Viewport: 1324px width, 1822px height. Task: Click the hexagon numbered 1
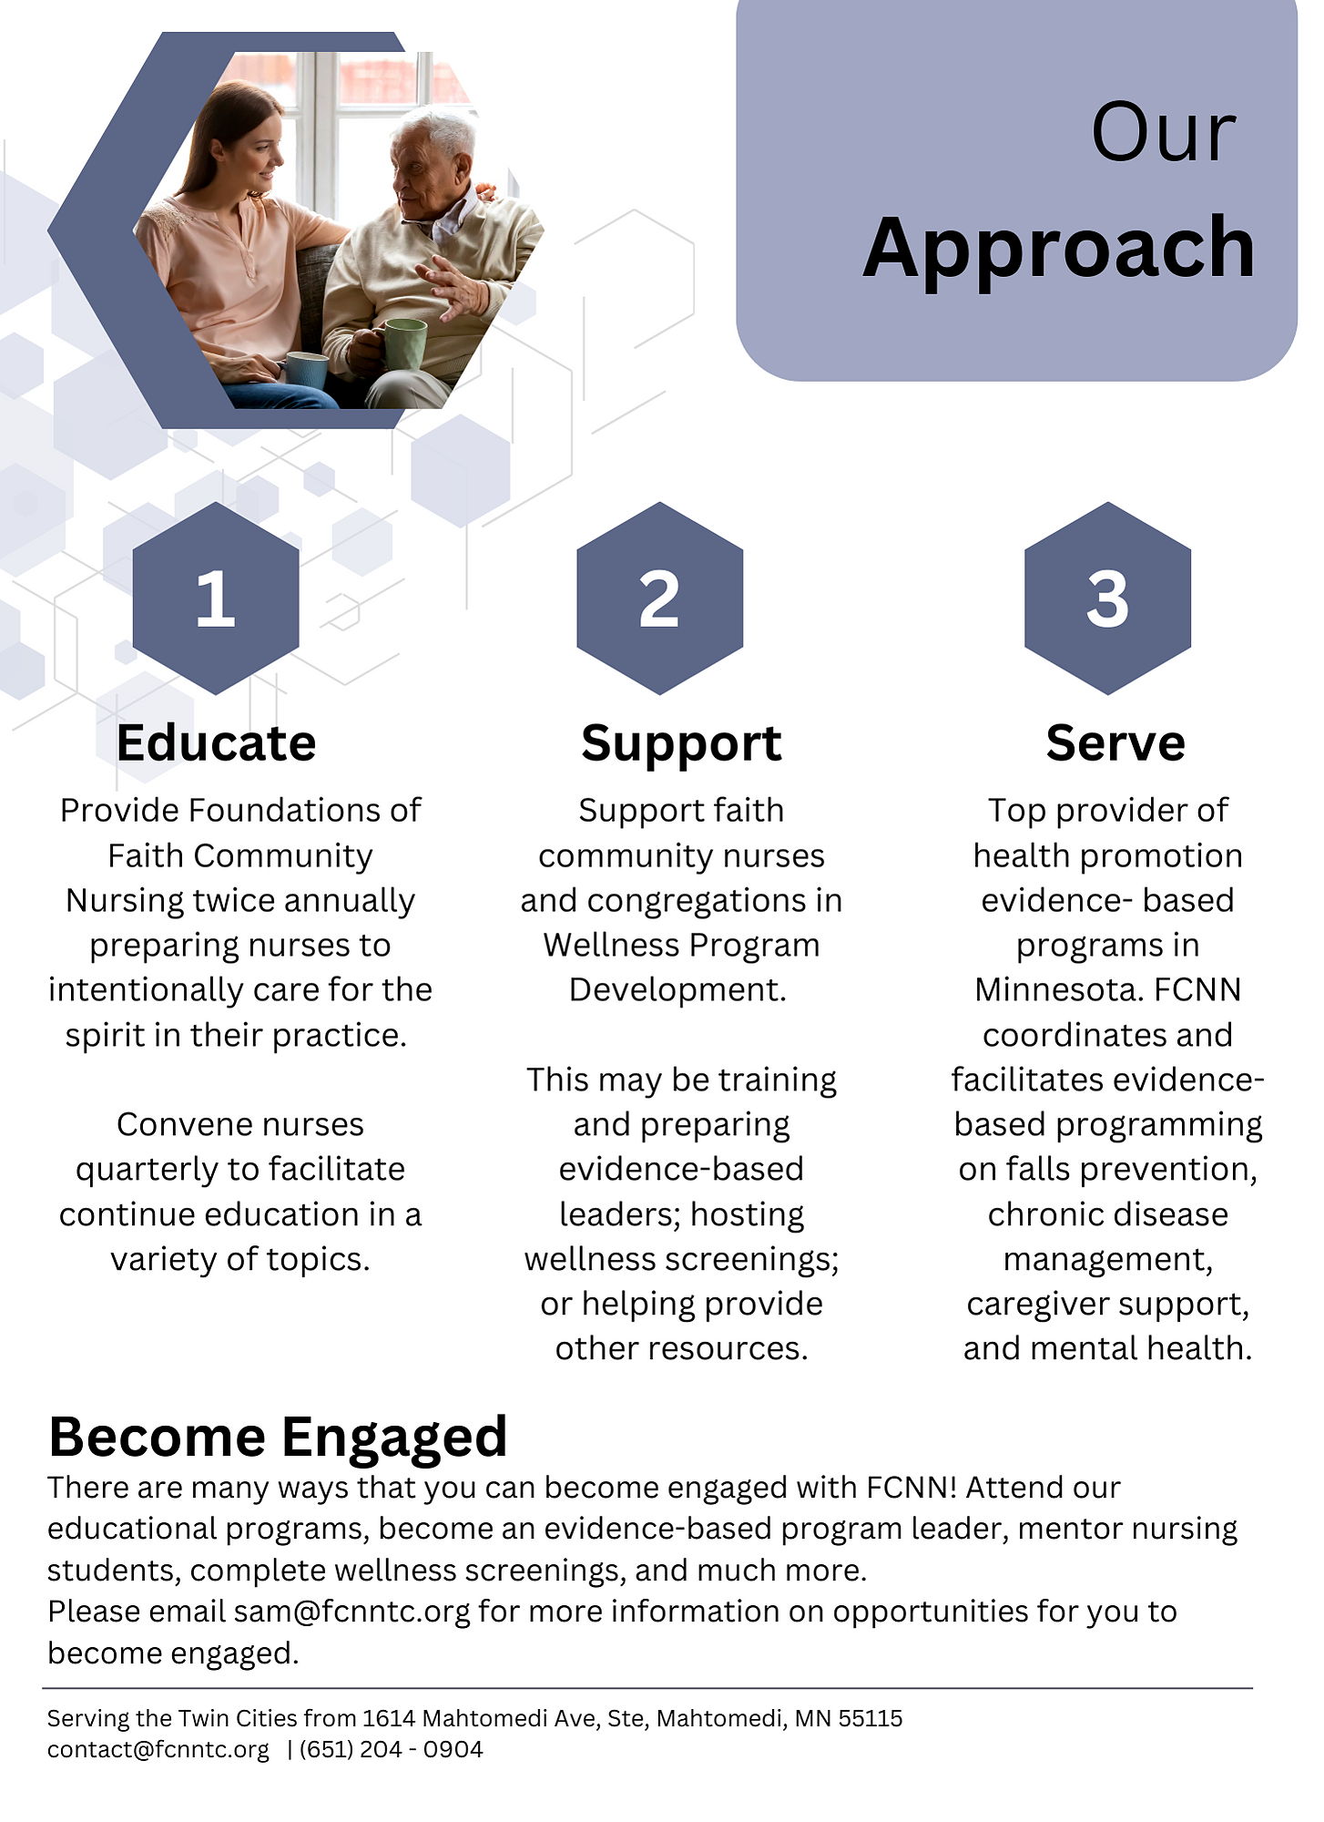[216, 598]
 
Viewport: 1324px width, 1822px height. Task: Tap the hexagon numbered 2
[659, 598]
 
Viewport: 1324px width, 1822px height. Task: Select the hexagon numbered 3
[1107, 598]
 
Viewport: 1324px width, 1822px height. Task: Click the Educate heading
[216, 742]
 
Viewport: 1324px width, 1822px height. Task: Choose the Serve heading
[1115, 742]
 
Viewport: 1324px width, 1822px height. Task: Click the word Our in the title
[1164, 133]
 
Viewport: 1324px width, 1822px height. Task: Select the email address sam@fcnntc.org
[352, 1612]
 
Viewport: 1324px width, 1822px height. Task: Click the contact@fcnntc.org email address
[158, 1750]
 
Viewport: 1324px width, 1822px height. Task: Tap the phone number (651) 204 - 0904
[392, 1750]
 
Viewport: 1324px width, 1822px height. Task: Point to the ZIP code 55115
[871, 1718]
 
